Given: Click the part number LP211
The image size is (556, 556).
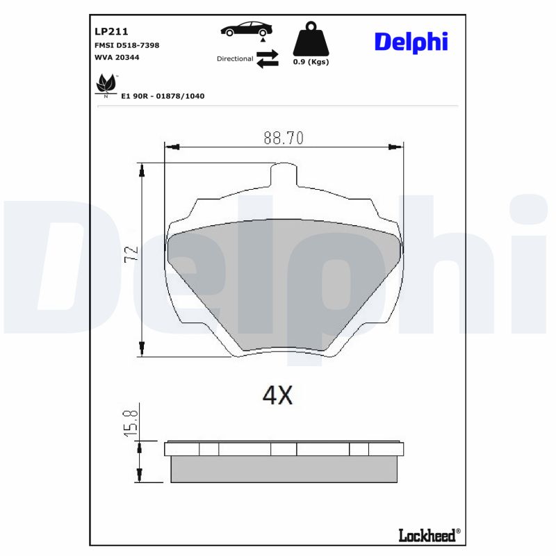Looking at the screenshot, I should point(111,31).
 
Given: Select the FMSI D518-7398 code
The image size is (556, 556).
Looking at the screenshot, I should point(126,45).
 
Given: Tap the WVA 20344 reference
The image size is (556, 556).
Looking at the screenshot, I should point(117,57).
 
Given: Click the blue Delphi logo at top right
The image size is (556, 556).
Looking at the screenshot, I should point(411,42).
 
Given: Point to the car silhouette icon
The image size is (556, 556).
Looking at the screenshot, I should point(246,29).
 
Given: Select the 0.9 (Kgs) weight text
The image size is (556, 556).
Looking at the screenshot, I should point(311,62).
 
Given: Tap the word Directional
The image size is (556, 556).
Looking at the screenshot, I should point(235,59).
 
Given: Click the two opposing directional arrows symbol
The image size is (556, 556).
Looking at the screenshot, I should point(268,58).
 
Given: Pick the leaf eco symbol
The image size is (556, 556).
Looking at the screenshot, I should point(106,84).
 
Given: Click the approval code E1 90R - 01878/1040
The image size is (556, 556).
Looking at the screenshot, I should point(163,96).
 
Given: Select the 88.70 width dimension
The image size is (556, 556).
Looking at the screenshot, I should point(283,138).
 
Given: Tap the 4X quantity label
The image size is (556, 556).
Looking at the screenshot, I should point(277,395).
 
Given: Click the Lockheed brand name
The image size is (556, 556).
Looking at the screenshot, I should point(427,534).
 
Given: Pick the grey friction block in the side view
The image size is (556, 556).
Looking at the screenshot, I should point(286,469).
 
